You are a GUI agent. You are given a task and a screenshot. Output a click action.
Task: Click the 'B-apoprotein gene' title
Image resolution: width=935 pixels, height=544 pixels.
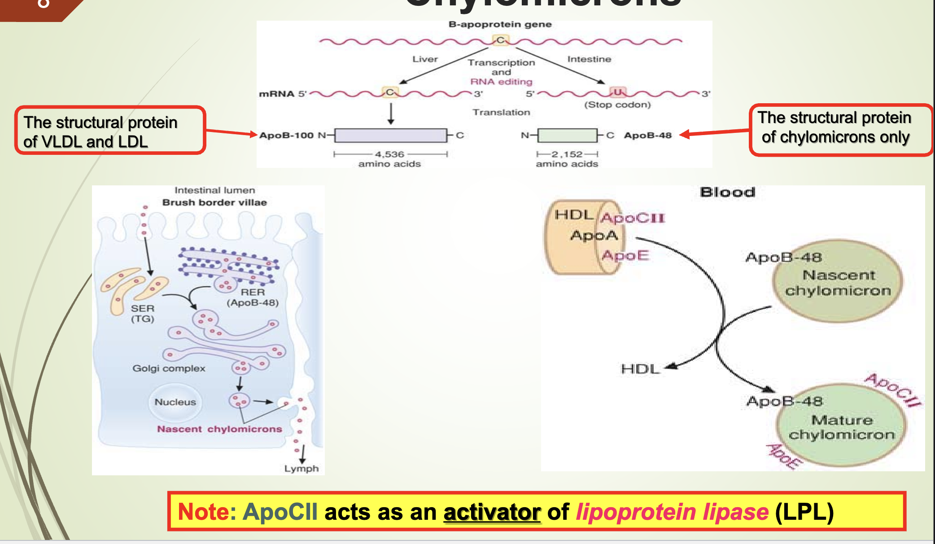point(500,25)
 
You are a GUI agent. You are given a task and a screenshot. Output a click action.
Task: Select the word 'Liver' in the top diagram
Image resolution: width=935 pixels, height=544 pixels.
point(425,59)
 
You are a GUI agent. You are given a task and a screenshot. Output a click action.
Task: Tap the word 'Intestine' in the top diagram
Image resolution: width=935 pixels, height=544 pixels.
point(589,59)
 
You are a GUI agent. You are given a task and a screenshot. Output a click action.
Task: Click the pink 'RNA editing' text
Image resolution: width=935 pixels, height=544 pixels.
point(501,82)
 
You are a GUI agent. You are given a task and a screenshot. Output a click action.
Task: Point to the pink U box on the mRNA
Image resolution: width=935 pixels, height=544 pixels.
point(618,92)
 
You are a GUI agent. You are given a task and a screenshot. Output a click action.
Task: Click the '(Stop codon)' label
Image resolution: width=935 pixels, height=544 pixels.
point(617,105)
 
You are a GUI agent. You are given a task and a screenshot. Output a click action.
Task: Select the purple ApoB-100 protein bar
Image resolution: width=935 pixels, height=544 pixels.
point(390,135)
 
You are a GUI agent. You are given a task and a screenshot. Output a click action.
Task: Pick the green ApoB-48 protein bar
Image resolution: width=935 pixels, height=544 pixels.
point(567,135)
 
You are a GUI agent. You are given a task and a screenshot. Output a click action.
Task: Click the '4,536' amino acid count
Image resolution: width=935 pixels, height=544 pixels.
point(389,154)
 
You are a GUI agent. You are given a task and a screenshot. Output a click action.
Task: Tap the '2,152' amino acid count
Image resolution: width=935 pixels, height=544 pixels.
point(567,154)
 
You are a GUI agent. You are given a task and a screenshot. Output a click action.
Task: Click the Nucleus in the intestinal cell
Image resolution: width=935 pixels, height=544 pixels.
point(175,402)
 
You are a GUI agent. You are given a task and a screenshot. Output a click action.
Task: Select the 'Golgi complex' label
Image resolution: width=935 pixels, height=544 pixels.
point(169,369)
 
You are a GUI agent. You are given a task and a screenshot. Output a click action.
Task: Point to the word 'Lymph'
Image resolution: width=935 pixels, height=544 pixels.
point(301,469)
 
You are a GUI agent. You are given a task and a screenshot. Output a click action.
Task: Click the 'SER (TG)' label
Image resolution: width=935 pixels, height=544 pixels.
point(143,313)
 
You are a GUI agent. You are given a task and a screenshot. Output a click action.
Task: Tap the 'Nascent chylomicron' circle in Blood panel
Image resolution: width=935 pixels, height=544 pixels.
point(837,282)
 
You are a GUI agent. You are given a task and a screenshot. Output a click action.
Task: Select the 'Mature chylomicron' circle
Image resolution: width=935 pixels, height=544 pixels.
point(841,426)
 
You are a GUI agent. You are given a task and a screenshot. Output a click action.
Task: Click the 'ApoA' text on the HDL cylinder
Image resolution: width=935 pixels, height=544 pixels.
point(594,235)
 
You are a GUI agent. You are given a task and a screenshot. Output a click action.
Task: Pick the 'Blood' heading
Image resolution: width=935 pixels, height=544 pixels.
point(727,193)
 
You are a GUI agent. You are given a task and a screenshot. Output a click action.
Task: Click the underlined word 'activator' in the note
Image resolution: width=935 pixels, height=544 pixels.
point(492,512)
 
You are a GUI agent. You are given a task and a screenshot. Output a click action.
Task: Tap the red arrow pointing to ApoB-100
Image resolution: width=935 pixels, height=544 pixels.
point(231,132)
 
